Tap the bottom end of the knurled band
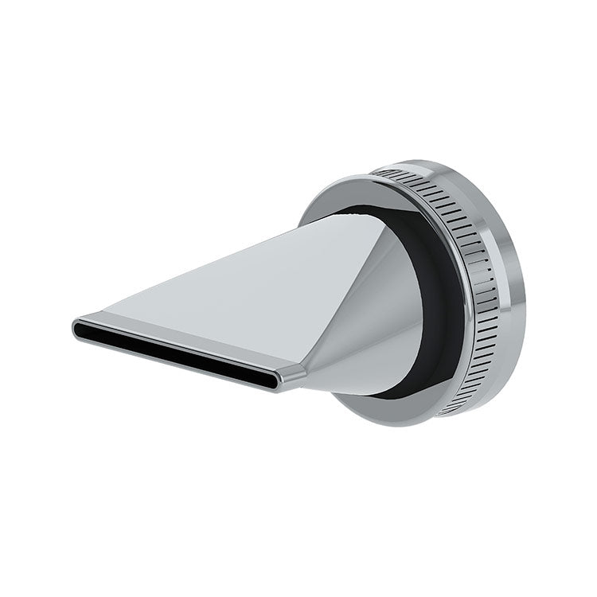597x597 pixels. pos(450,410)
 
